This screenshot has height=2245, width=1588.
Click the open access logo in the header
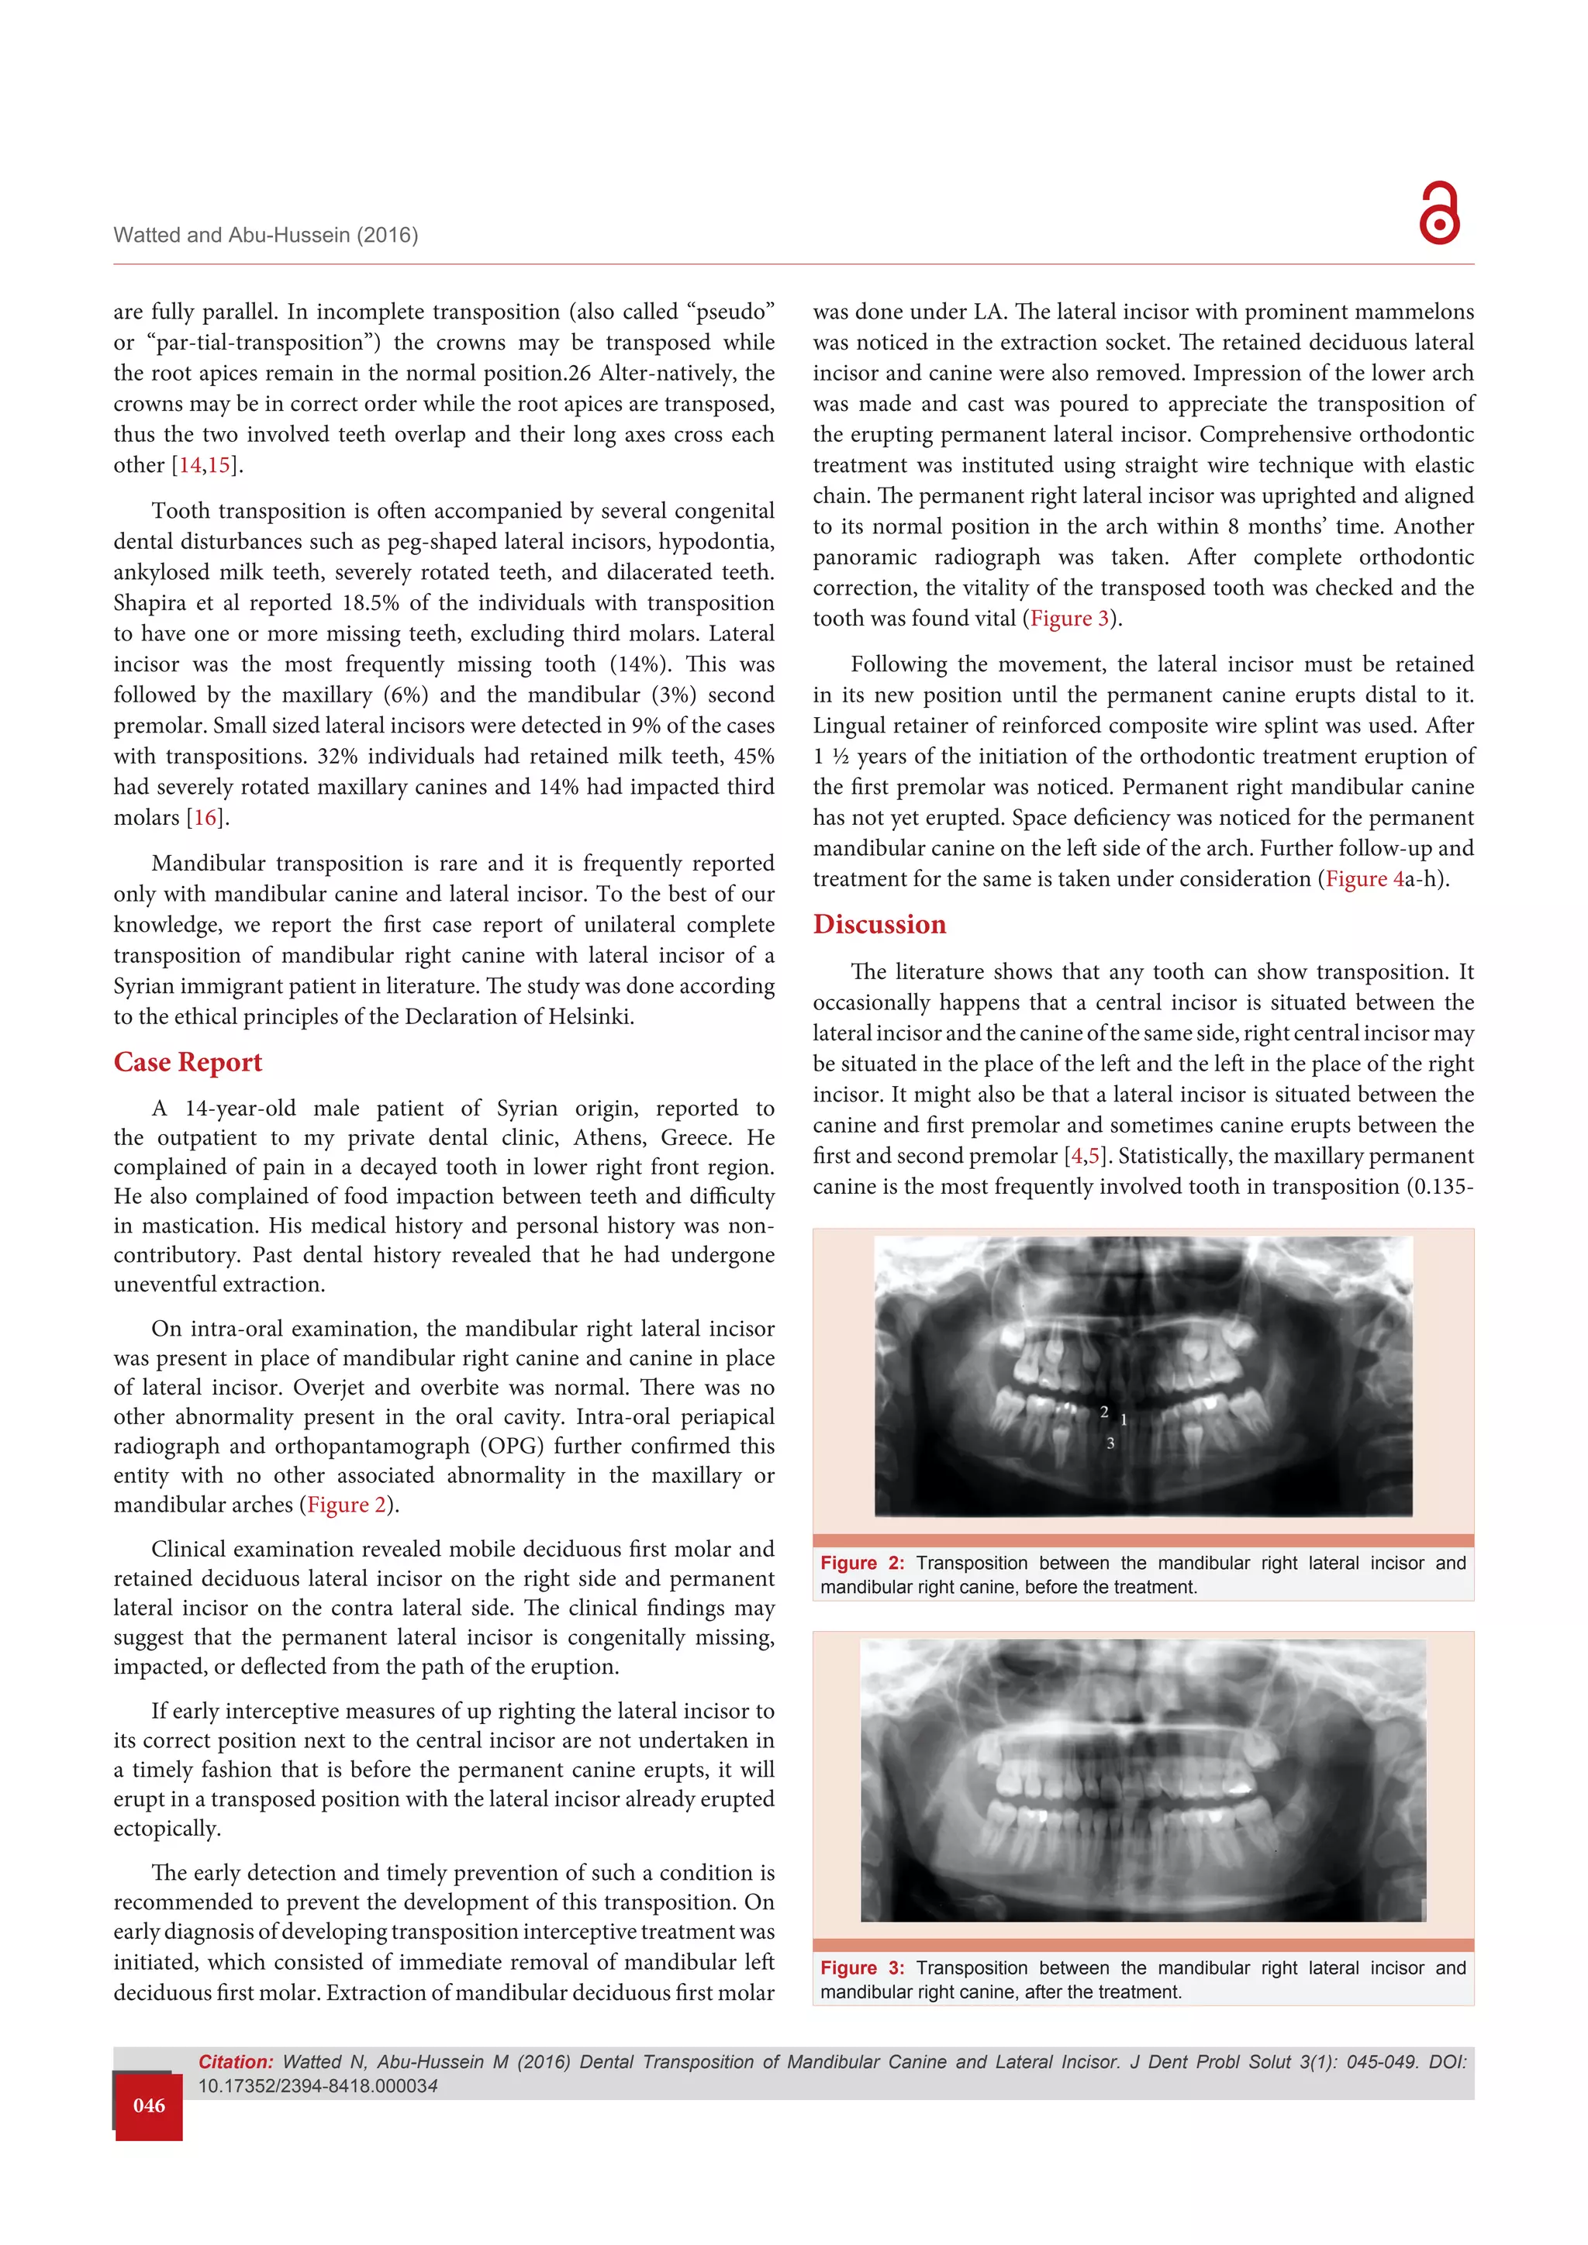pos(1438,212)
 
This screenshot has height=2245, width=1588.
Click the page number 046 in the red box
pos(149,2105)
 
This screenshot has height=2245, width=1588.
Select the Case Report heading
pos(188,1062)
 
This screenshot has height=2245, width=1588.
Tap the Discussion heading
pos(879,924)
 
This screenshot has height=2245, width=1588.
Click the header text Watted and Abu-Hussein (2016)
pos(266,235)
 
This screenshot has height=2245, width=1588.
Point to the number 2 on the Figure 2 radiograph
pos(1104,1412)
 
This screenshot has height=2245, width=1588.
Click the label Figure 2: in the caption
pos(861,1564)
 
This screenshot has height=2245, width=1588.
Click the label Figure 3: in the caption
pos(861,1968)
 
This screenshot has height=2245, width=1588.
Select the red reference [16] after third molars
pos(205,817)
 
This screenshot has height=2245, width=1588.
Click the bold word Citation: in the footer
pos(236,2062)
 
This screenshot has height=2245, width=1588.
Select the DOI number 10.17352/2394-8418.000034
pos(318,2085)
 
